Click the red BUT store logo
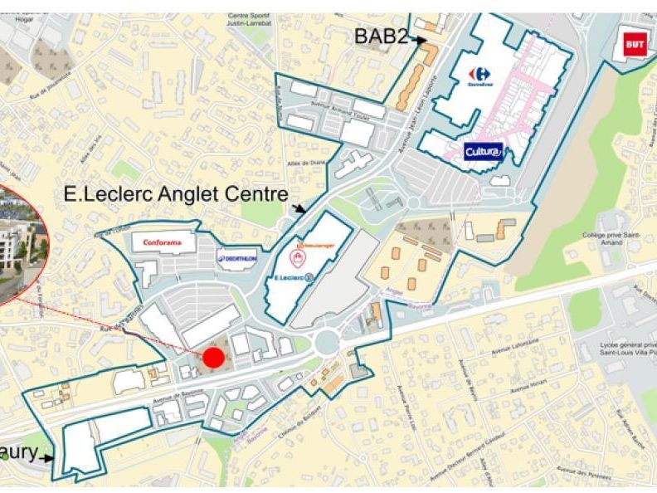point(634,43)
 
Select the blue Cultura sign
point(483,152)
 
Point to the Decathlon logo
point(236,259)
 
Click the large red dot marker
point(213,358)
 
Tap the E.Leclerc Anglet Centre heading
point(175,195)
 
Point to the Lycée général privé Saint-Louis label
point(624,347)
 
